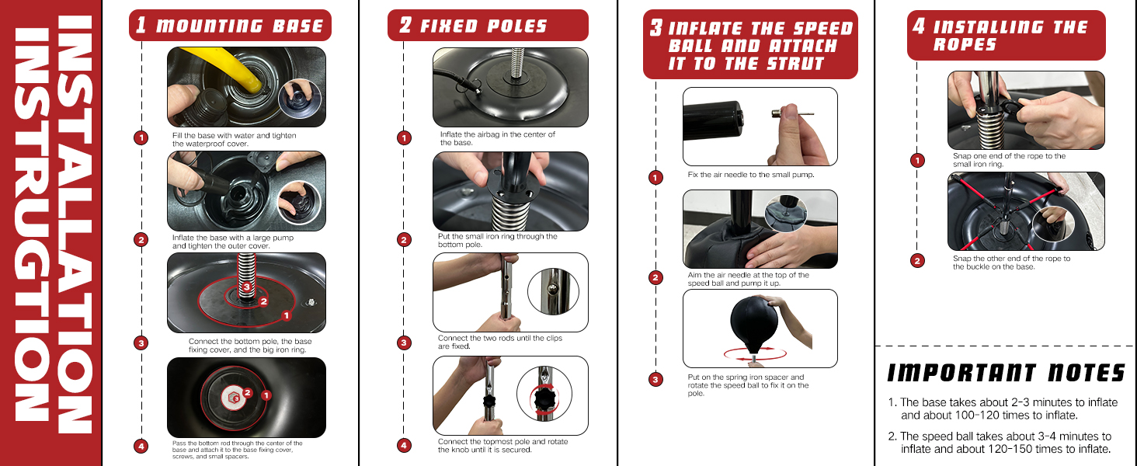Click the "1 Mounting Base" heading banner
(x=230, y=26)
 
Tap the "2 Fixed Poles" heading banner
(x=488, y=26)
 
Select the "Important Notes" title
(x=1006, y=373)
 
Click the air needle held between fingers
(x=792, y=115)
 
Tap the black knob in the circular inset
(x=544, y=398)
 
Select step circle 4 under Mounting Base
(x=141, y=447)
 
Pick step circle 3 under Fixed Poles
(x=404, y=343)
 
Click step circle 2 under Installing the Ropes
(x=917, y=261)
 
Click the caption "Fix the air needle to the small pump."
(x=751, y=175)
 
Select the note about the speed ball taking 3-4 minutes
(x=1000, y=443)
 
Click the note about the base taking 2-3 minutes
(x=1003, y=409)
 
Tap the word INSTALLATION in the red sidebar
(x=75, y=224)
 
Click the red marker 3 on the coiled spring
(x=247, y=287)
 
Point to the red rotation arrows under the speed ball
(x=755, y=353)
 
